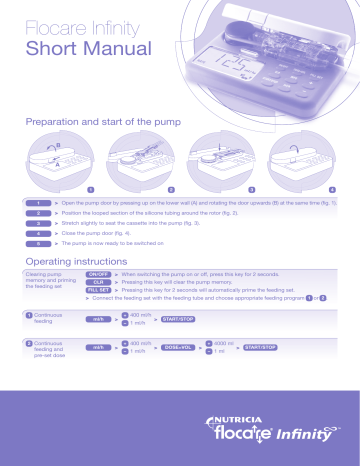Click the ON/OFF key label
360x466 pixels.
coord(98,273)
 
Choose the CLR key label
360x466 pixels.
coord(98,283)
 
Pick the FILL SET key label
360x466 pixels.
coord(98,292)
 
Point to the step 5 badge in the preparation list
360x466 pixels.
coord(37,243)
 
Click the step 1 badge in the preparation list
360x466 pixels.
coord(37,202)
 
